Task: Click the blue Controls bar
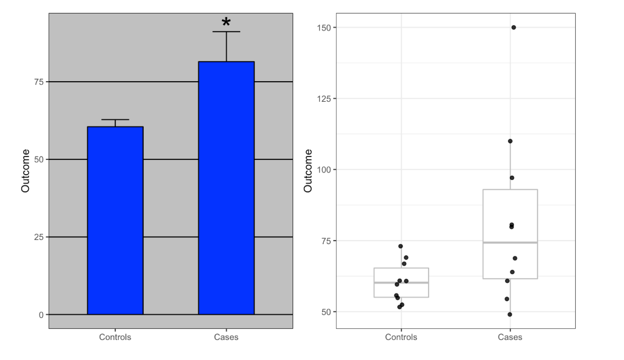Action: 115,221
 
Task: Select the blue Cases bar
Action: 226,188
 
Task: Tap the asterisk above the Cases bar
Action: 226,22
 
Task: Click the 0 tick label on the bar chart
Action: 41,315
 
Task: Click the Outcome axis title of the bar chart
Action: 25,171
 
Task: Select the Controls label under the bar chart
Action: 115,338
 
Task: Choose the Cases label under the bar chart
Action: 226,338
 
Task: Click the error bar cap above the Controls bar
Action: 115,119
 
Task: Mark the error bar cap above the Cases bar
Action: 226,32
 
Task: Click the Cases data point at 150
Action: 513,27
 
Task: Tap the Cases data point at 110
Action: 510,141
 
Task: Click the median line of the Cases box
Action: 510,242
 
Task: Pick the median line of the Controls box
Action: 401,282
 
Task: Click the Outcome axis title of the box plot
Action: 308,171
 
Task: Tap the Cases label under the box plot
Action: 510,338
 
